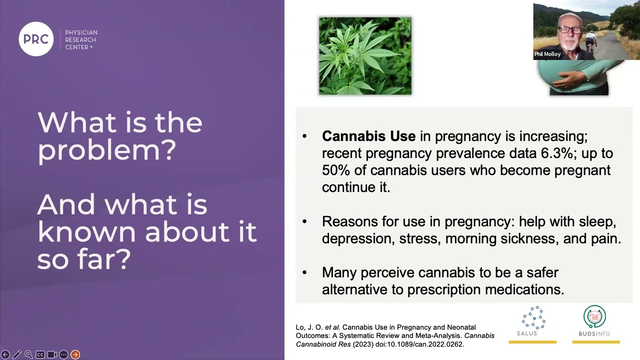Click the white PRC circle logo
(x=36, y=39)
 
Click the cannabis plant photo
(x=365, y=56)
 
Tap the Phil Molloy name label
(x=547, y=54)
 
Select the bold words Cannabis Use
(x=368, y=136)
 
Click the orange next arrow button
(x=75, y=354)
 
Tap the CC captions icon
(x=40, y=354)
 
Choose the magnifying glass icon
(x=28, y=354)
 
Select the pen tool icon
(x=17, y=354)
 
